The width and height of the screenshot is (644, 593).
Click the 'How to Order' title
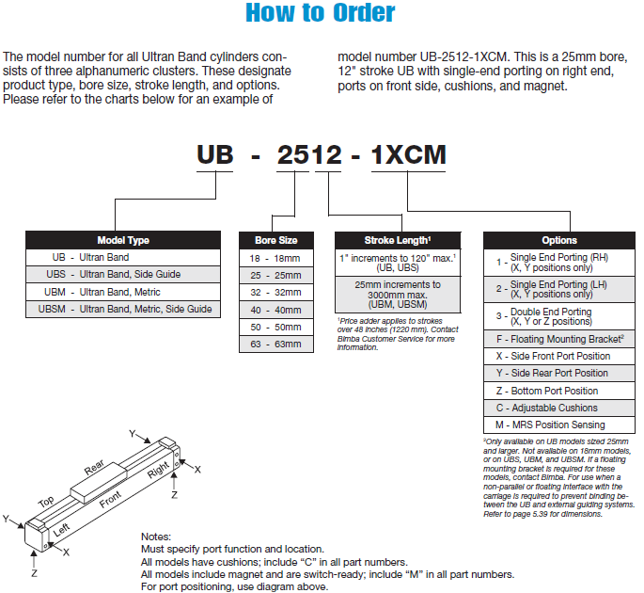(x=320, y=14)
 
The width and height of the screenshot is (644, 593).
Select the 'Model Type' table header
(x=123, y=240)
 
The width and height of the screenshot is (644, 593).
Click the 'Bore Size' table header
(x=275, y=240)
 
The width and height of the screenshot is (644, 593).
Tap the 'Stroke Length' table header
(x=398, y=240)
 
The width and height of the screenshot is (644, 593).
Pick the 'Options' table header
(x=559, y=240)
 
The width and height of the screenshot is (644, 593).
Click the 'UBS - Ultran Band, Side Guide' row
(x=123, y=275)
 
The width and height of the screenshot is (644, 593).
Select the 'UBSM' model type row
(x=123, y=309)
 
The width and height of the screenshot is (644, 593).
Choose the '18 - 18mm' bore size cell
(x=275, y=258)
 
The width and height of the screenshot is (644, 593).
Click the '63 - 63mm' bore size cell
(x=275, y=344)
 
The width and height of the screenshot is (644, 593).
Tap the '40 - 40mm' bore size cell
(x=275, y=310)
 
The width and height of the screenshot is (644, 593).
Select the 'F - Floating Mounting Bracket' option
(x=559, y=339)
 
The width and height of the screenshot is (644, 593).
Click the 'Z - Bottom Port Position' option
(x=559, y=391)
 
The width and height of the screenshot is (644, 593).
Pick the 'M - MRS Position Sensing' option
(x=559, y=425)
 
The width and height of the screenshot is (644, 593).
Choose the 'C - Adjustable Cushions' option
(x=559, y=408)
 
